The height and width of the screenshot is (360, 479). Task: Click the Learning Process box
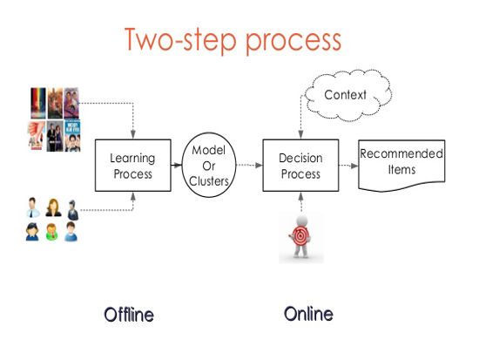[133, 166]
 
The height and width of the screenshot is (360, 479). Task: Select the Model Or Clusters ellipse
[209, 165]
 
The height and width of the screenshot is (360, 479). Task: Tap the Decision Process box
[300, 166]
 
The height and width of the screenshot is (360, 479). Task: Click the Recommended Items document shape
[401, 166]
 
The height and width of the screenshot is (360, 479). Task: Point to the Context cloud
[348, 95]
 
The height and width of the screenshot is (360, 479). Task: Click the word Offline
[129, 315]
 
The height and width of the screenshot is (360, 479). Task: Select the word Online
[308, 314]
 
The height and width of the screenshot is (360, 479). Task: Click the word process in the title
[293, 42]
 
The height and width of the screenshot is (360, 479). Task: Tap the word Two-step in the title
[180, 40]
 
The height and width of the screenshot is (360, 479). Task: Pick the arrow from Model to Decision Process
[249, 165]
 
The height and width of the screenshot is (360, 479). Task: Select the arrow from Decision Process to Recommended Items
[348, 166]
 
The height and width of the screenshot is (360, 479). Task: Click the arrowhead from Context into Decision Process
[301, 134]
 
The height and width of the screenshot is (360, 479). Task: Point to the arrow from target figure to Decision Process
[301, 202]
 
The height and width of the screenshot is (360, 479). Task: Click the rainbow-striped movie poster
[38, 103]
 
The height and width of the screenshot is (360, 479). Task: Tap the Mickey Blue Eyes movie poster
[72, 136]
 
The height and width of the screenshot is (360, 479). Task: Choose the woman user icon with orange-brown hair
[53, 208]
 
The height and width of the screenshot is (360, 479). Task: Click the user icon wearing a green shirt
[51, 232]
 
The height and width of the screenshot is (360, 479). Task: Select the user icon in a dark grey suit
[72, 210]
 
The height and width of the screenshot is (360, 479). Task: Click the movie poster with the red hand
[37, 135]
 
